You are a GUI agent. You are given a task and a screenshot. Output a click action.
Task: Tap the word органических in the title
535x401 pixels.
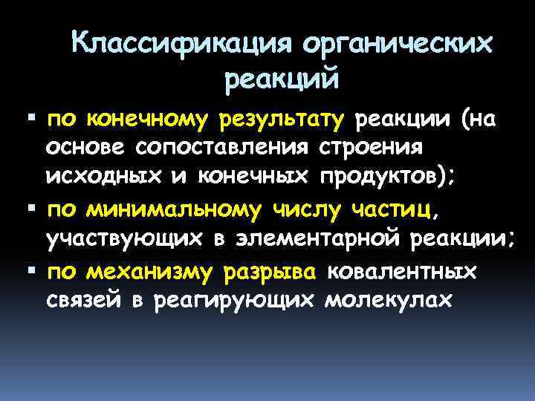click(397, 45)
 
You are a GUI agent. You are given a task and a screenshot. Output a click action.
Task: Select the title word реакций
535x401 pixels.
click(281, 76)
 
